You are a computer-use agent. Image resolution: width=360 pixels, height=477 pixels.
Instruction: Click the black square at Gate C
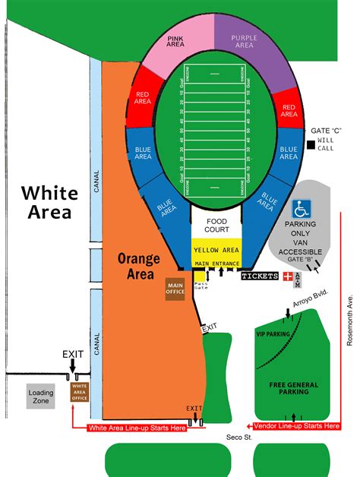click(x=311, y=145)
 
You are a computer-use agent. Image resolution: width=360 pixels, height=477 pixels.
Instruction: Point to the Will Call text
click(x=326, y=145)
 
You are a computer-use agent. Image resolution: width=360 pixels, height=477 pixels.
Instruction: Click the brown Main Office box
click(x=175, y=288)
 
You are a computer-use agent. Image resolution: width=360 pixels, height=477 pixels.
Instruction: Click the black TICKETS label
click(x=260, y=276)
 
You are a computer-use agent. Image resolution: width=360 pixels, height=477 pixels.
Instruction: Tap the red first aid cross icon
click(x=288, y=276)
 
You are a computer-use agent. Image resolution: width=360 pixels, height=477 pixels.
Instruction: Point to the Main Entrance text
click(x=216, y=264)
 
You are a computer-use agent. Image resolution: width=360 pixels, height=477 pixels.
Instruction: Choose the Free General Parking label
click(x=293, y=389)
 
